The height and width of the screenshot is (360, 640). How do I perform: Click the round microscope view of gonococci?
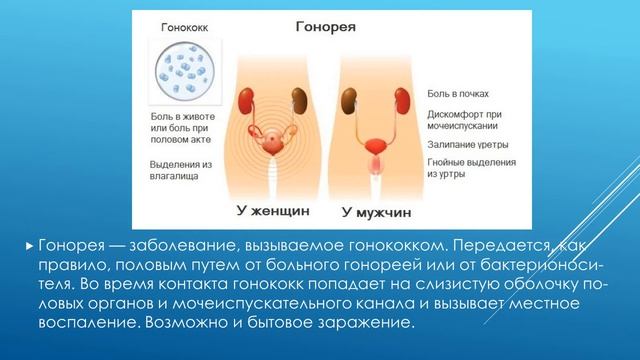pos(179,75)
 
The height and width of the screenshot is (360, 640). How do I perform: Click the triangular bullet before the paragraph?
pos(29,245)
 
